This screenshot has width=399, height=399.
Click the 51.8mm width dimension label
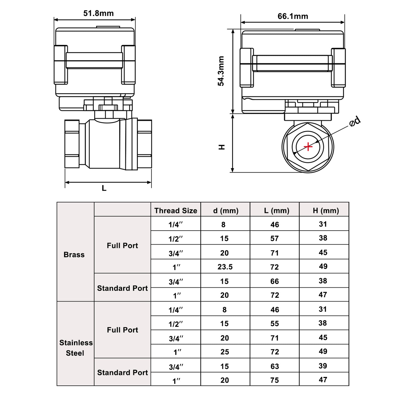[x=98, y=13]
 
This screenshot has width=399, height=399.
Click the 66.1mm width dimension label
[x=293, y=16]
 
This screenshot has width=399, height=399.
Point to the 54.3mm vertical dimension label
[x=221, y=71]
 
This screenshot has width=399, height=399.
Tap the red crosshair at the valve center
[x=308, y=147]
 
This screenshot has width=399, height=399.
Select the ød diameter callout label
[x=355, y=121]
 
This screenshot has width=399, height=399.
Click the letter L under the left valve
[x=104, y=188]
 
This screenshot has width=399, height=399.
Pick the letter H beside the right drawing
[x=222, y=147]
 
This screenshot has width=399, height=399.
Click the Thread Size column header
[x=176, y=211]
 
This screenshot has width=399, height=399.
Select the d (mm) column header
[x=226, y=211]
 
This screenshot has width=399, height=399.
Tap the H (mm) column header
[x=326, y=211]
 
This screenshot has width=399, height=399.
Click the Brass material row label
[x=74, y=255]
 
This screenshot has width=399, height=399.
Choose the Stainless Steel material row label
[x=76, y=348]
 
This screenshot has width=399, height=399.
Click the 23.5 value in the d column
[x=225, y=267]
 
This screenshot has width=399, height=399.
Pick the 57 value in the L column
[x=274, y=238]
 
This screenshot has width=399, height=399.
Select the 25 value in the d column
[x=225, y=352]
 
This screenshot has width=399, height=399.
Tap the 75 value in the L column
[x=275, y=380]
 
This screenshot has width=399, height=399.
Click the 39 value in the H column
[x=323, y=366]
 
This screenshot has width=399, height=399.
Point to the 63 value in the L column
[x=275, y=366]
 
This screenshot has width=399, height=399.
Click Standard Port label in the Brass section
[x=122, y=288]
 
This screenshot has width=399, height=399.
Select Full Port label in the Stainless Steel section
[x=122, y=330]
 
